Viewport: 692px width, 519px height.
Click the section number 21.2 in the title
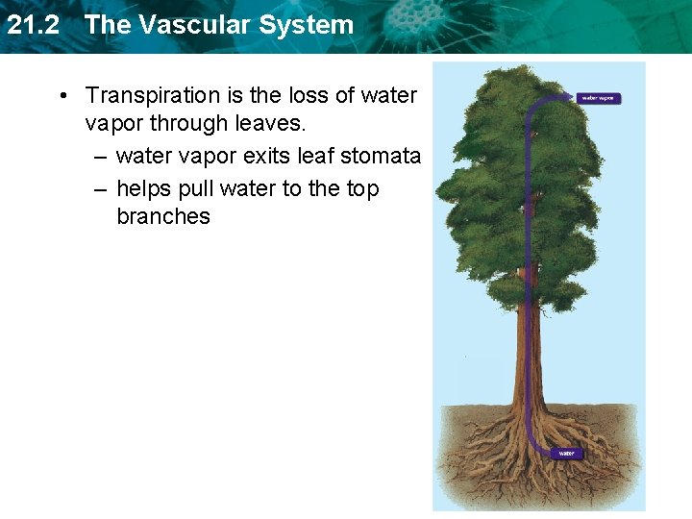[33, 25]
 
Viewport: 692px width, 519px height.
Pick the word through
[186, 123]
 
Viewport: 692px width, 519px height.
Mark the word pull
[199, 188]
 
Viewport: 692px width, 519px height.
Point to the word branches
[162, 216]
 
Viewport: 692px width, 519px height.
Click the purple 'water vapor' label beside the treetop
[600, 97]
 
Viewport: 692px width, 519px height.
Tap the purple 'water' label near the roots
[566, 453]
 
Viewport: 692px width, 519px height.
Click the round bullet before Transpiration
[62, 96]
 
